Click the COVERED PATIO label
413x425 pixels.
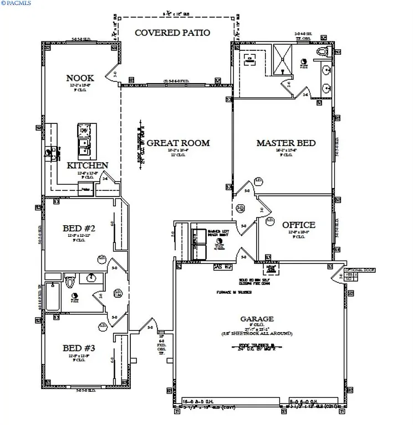pos(172,33)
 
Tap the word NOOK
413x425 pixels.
pos(80,78)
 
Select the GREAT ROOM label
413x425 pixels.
pos(178,143)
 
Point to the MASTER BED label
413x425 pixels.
pos(285,143)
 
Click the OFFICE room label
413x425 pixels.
pos(298,225)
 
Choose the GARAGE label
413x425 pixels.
pos(256,319)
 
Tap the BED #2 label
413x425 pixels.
pos(79,228)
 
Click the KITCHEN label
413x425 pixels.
pos(87,165)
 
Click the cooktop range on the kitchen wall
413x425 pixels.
pos(50,152)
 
